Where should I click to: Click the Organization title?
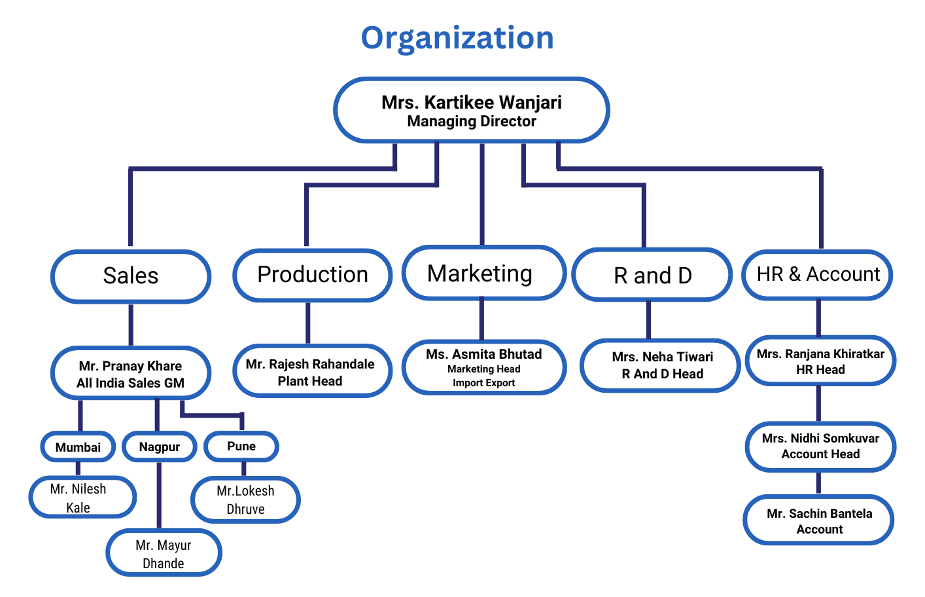click(457, 38)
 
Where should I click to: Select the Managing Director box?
click(471, 111)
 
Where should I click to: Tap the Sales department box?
click(131, 276)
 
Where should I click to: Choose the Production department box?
click(313, 275)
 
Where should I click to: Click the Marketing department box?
click(483, 273)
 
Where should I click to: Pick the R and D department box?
click(652, 275)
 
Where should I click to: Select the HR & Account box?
click(818, 274)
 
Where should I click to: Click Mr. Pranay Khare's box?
click(131, 374)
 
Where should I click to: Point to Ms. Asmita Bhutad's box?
click(484, 367)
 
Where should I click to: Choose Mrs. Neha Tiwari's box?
click(661, 365)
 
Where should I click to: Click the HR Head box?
click(820, 361)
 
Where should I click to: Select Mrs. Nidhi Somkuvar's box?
click(820, 446)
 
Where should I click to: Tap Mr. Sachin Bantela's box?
click(819, 520)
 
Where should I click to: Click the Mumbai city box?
click(78, 447)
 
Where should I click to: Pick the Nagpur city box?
click(159, 447)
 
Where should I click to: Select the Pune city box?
click(241, 446)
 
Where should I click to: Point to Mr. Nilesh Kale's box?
click(82, 497)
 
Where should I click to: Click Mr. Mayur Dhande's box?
click(164, 554)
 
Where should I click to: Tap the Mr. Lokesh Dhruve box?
click(245, 500)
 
